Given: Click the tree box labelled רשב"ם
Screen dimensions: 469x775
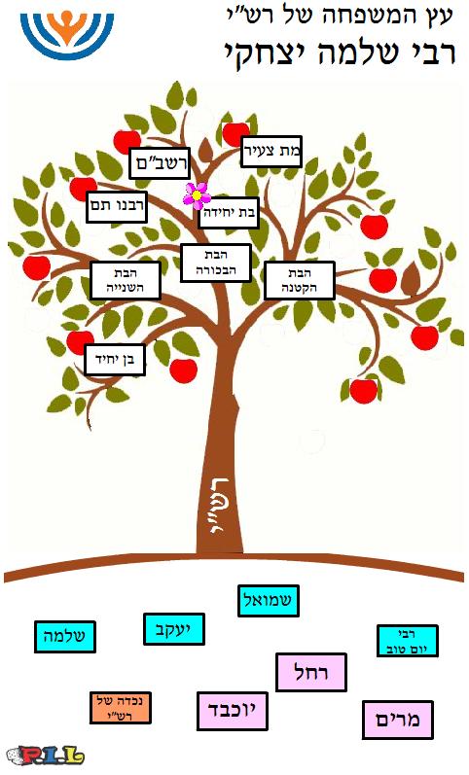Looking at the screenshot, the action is pyautogui.click(x=160, y=163).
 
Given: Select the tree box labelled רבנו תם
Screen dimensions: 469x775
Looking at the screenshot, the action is pyautogui.click(x=117, y=206).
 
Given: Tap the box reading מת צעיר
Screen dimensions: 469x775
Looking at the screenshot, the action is pyautogui.click(x=271, y=152).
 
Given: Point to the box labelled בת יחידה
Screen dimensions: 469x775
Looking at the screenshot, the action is pyautogui.click(x=229, y=213).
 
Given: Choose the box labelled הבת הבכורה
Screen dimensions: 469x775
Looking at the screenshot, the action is pyautogui.click(x=216, y=263).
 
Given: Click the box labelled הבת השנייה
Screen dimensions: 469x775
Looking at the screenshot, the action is pyautogui.click(x=126, y=281).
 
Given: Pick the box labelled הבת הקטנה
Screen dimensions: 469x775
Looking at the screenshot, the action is pyautogui.click(x=300, y=281).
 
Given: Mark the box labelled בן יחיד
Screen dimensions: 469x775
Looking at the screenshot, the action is pyautogui.click(x=115, y=360).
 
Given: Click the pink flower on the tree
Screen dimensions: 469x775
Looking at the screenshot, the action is pyautogui.click(x=197, y=195).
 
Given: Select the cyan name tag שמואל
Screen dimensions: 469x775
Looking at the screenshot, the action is pyautogui.click(x=269, y=601).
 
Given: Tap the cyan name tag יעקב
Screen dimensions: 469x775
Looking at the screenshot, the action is pyautogui.click(x=173, y=629).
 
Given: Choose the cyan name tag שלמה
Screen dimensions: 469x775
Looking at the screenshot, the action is pyautogui.click(x=65, y=637).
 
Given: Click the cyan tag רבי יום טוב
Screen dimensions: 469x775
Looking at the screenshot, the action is pyautogui.click(x=407, y=641).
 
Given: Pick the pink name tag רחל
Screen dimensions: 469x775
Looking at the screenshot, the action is pyautogui.click(x=311, y=672).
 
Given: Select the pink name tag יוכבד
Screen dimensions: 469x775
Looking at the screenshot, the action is pyautogui.click(x=233, y=711).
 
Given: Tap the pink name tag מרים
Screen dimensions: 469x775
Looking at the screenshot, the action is pyautogui.click(x=398, y=720).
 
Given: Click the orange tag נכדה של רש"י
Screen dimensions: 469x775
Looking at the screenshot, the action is pyautogui.click(x=121, y=708).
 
